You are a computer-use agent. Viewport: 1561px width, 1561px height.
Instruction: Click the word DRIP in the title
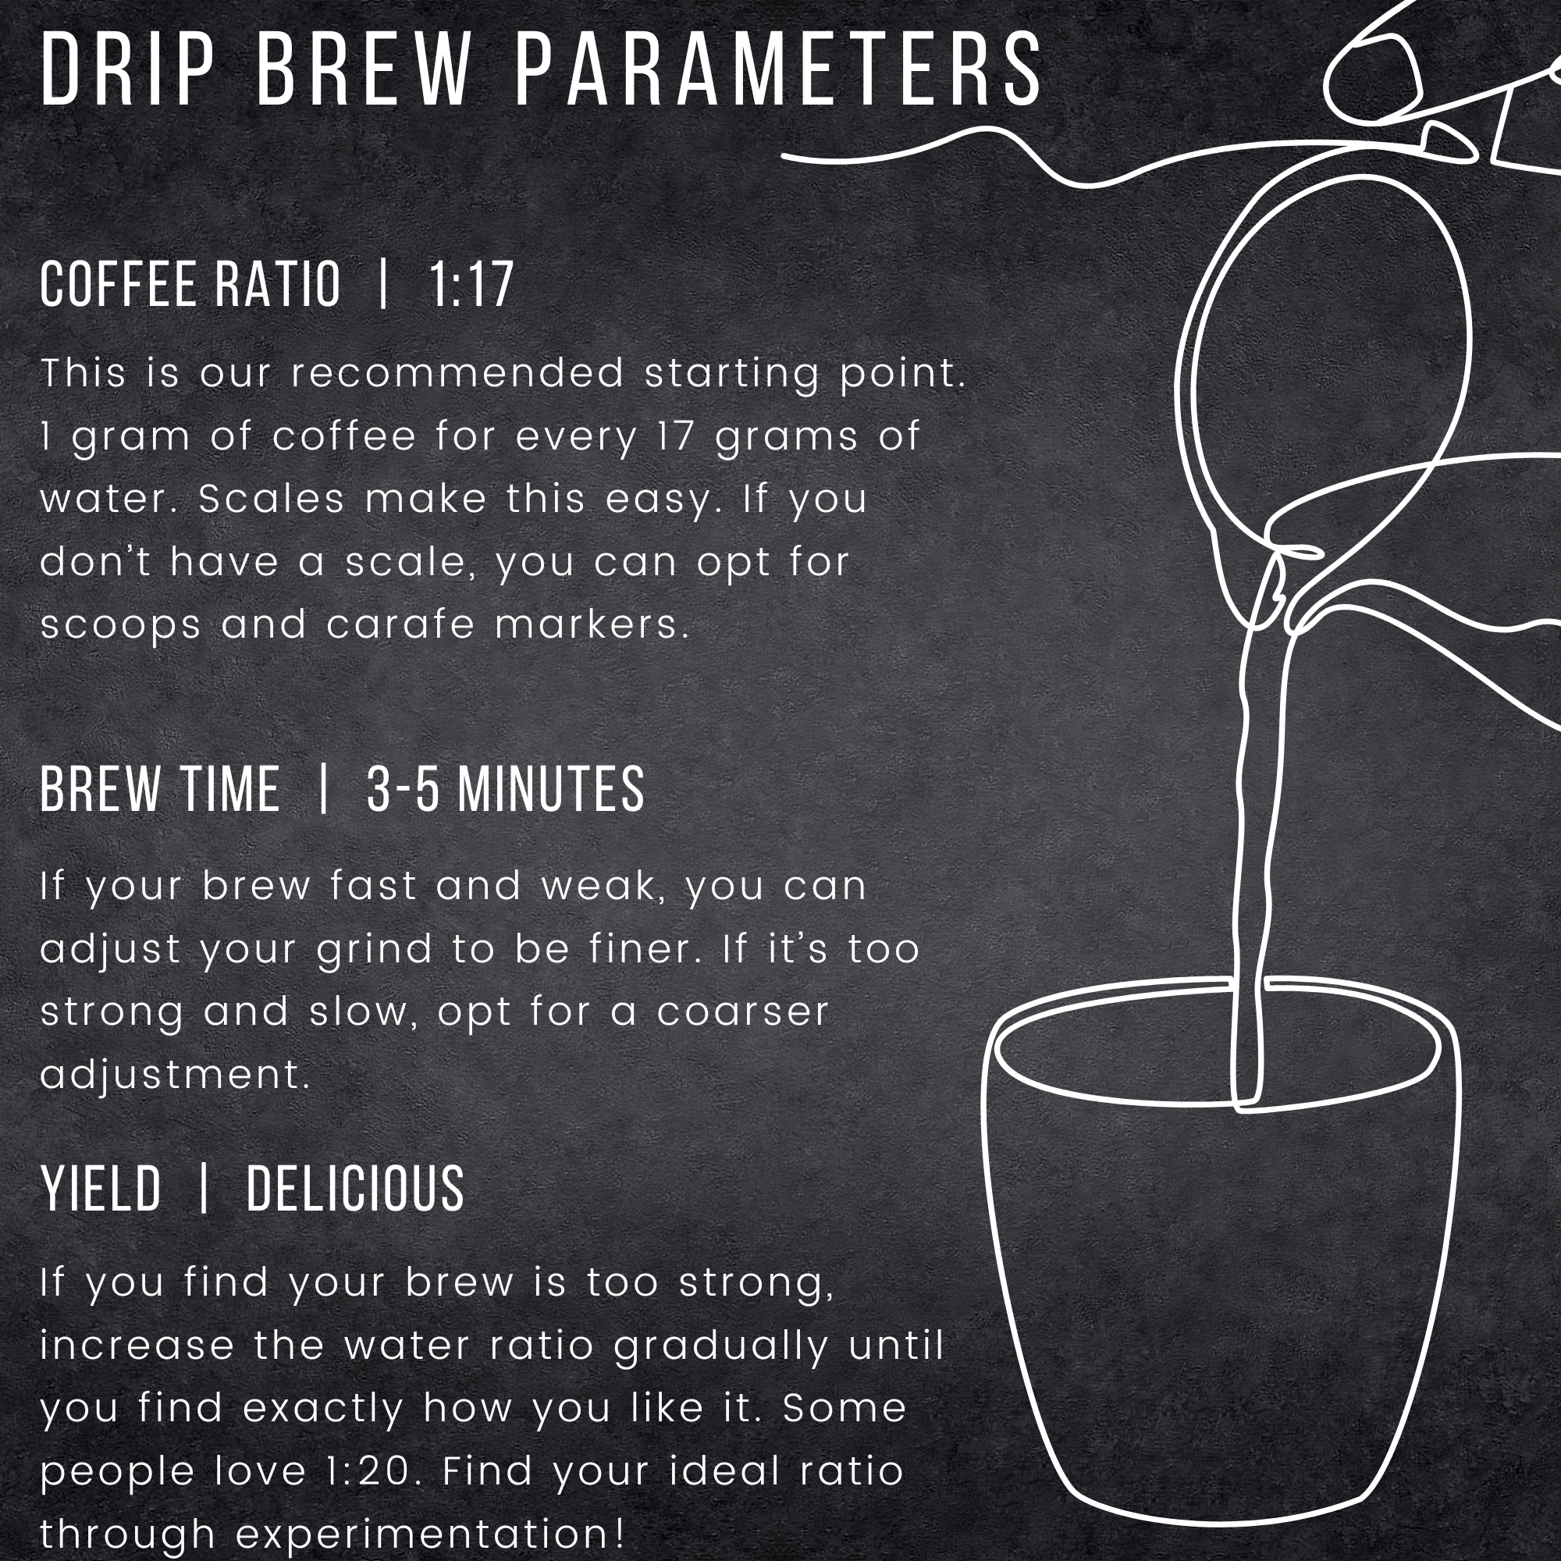point(128,69)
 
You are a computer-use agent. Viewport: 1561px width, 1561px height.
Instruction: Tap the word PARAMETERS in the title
point(779,69)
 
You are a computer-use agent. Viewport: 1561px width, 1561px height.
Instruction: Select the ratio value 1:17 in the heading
point(471,284)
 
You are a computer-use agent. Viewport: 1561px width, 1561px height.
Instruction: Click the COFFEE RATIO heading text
point(190,284)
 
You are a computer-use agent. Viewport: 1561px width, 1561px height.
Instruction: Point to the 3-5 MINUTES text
point(506,788)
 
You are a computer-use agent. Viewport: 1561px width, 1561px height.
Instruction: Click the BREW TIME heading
point(160,788)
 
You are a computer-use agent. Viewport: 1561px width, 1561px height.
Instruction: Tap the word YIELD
point(101,1189)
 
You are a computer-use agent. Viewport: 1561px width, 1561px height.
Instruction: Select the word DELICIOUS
point(354,1189)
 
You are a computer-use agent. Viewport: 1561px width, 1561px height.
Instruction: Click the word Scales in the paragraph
point(272,499)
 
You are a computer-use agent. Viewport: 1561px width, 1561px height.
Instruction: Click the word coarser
point(743,1012)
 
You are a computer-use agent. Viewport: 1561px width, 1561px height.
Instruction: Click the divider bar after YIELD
point(204,1189)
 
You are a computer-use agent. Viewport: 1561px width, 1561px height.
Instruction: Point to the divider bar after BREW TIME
point(323,788)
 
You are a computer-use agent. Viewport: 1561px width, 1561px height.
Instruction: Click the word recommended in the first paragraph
point(458,373)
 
